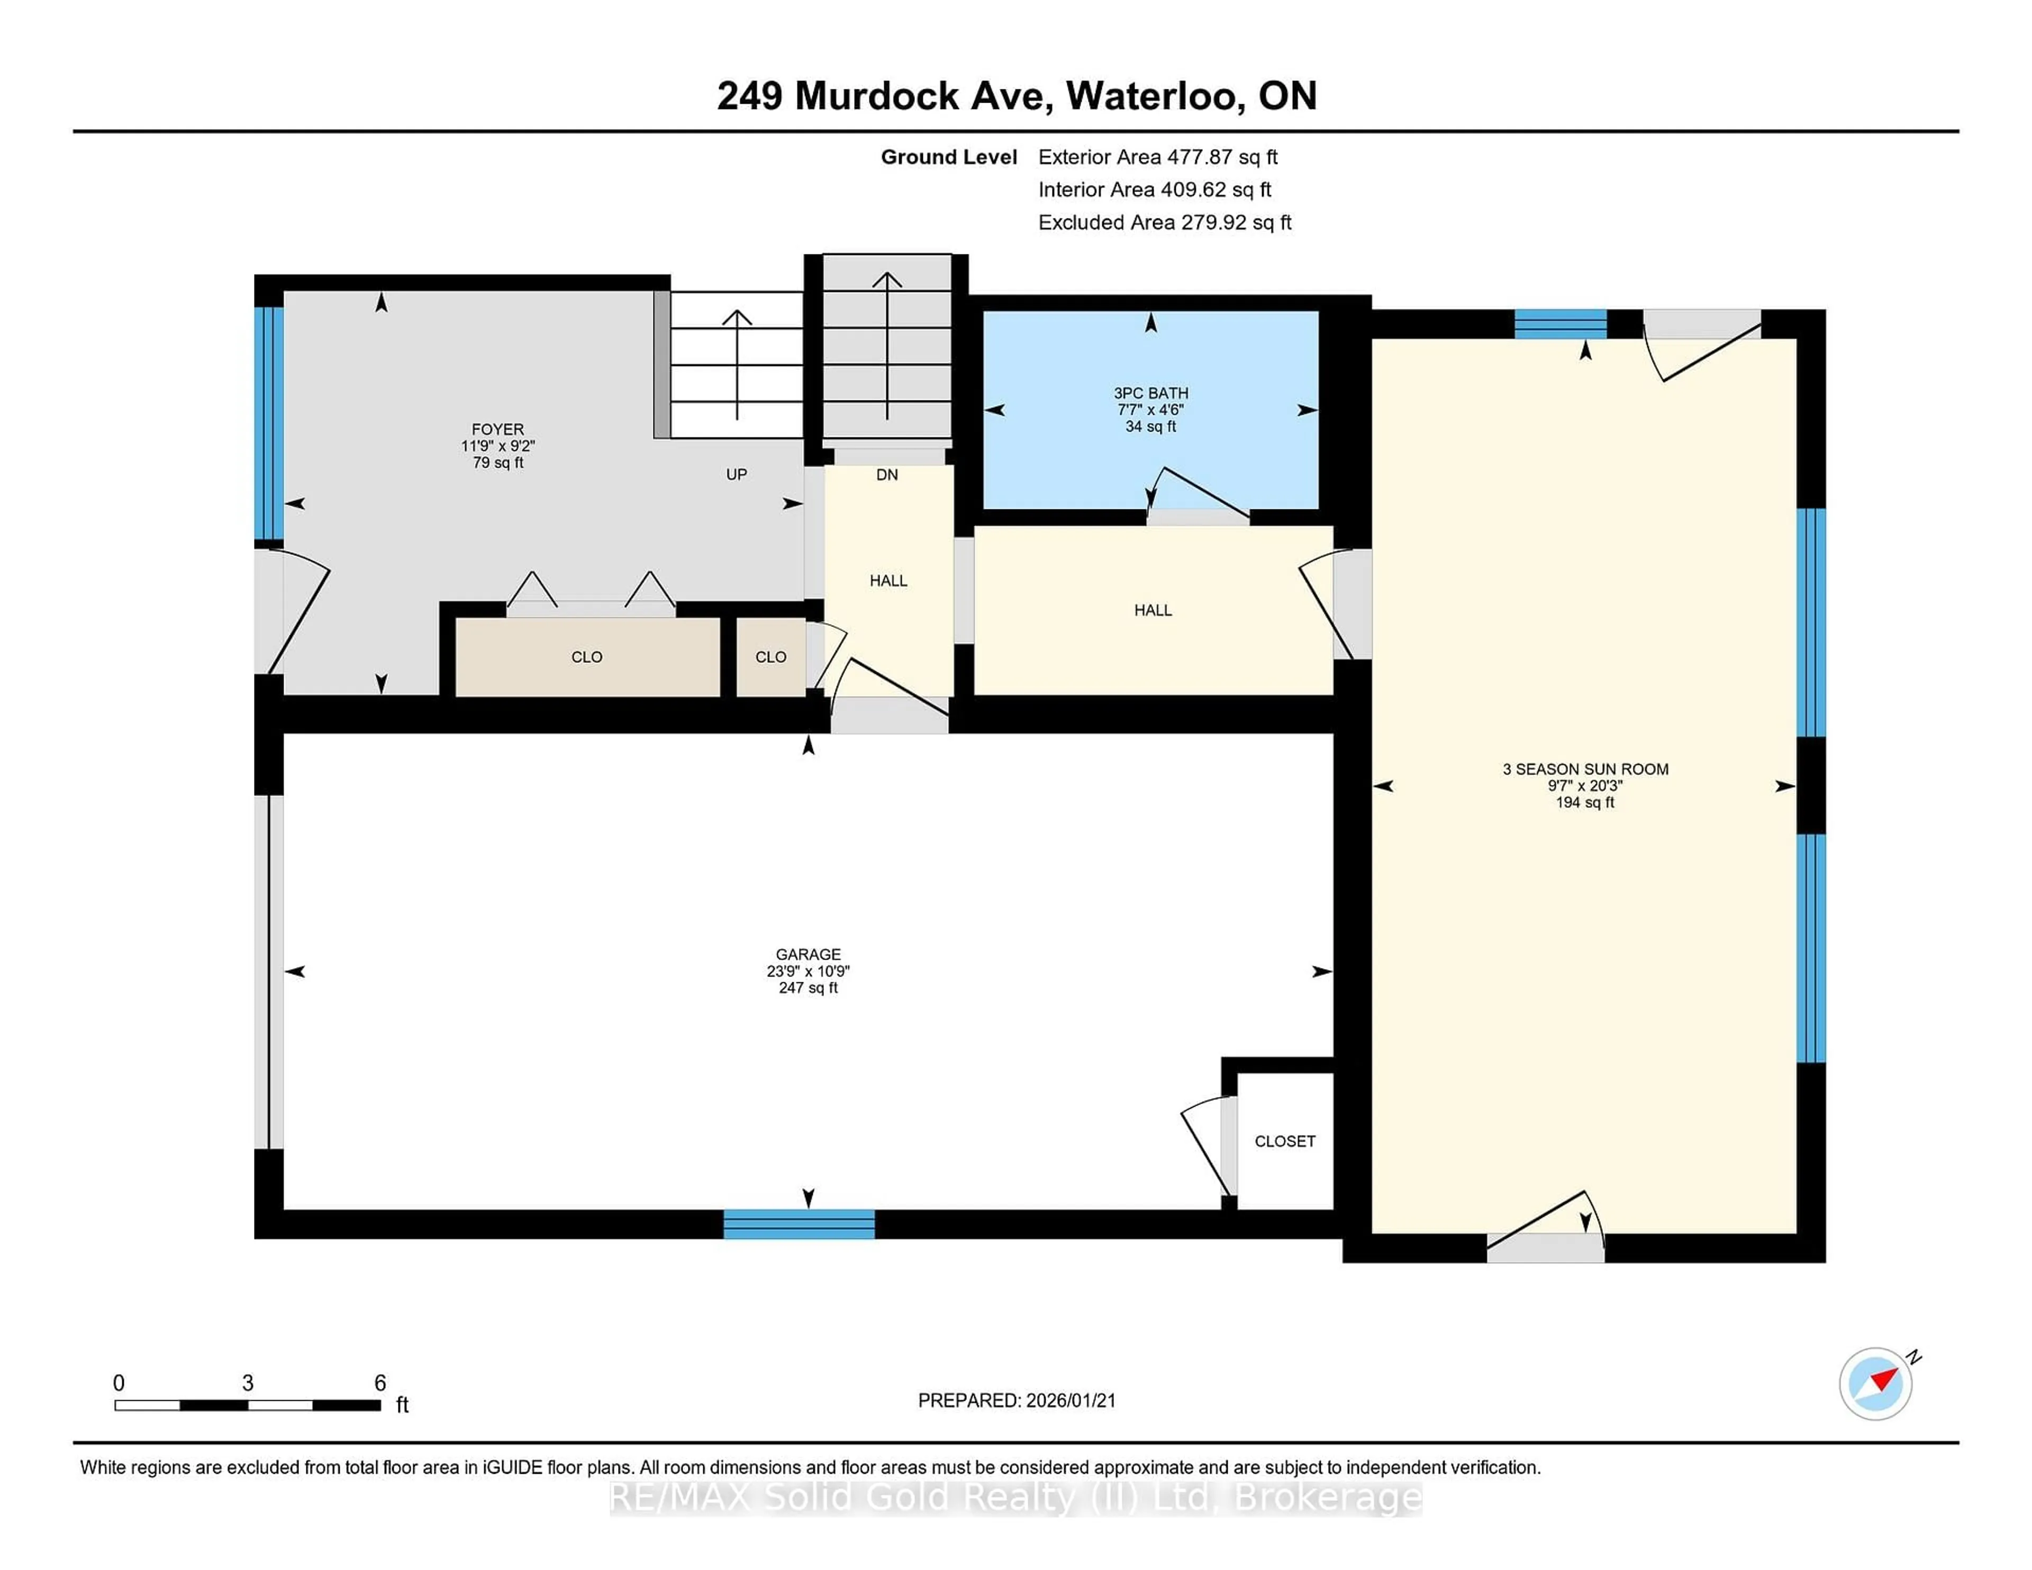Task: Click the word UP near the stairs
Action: pyautogui.click(x=736, y=474)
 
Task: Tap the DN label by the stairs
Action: pyautogui.click(x=887, y=475)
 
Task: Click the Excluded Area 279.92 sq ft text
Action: pyautogui.click(x=1164, y=222)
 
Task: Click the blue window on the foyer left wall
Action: pyautogui.click(x=269, y=423)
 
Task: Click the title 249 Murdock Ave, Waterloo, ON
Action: pyautogui.click(x=1016, y=96)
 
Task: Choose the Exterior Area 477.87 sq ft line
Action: pyautogui.click(x=1157, y=157)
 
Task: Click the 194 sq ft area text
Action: pyautogui.click(x=1584, y=802)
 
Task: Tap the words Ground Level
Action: pyautogui.click(x=948, y=157)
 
